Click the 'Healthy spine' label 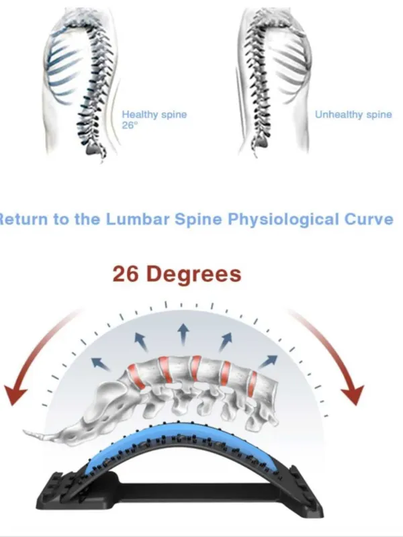click(x=154, y=114)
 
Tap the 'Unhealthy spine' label click(x=353, y=114)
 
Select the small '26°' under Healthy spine click(x=130, y=126)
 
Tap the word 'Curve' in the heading click(x=368, y=219)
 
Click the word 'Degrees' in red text click(x=195, y=275)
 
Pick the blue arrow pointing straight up click(x=183, y=334)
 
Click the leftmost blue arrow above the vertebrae click(x=100, y=364)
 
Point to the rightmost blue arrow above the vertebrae click(x=267, y=362)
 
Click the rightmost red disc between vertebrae click(x=253, y=383)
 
